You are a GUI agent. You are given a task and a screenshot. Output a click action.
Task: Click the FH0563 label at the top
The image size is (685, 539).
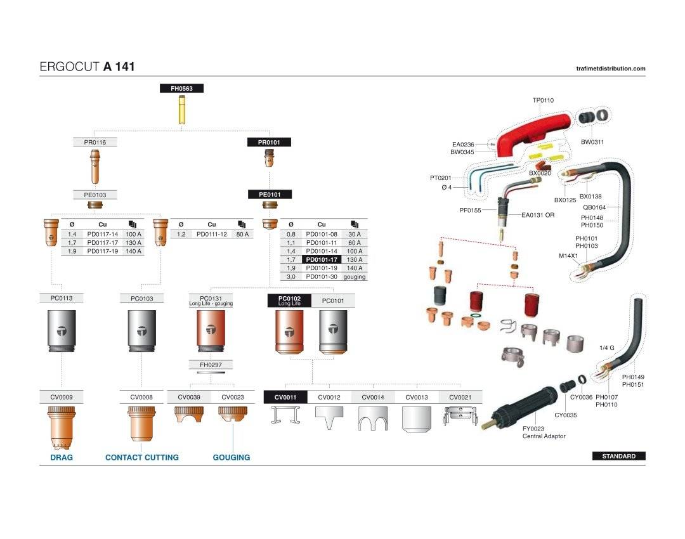(x=181, y=89)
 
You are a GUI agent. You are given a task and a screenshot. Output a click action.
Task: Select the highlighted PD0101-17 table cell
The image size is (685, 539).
(x=322, y=259)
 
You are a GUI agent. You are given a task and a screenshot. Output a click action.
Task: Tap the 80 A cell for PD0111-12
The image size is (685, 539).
(x=242, y=234)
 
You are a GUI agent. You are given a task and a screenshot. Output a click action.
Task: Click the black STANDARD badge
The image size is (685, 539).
(x=618, y=456)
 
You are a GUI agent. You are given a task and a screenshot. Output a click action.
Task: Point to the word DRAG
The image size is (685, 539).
(x=62, y=457)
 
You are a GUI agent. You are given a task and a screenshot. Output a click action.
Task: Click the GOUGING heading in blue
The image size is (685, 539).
(x=231, y=457)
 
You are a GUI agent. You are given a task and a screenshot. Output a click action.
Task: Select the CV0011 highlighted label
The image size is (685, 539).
(x=285, y=397)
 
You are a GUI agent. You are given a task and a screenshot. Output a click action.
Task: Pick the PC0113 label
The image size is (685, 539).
(x=62, y=298)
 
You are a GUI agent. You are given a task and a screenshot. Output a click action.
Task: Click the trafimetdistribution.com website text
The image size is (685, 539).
(x=610, y=68)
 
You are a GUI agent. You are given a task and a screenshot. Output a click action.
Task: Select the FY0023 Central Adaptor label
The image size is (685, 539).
(x=543, y=432)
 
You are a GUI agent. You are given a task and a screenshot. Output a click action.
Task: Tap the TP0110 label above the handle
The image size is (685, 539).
(x=543, y=100)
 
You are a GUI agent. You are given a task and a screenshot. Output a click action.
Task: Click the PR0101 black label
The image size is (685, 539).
(x=269, y=143)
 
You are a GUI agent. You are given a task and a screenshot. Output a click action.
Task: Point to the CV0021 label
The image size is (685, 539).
(x=460, y=397)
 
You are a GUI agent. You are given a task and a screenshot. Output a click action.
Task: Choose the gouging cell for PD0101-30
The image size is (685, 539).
(x=355, y=277)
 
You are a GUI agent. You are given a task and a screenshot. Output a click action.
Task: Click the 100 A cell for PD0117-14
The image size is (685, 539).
(x=133, y=234)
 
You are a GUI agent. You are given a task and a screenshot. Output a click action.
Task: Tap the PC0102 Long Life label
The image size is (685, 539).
(x=289, y=301)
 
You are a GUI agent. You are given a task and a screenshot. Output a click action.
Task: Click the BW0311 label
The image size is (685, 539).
(x=592, y=142)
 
